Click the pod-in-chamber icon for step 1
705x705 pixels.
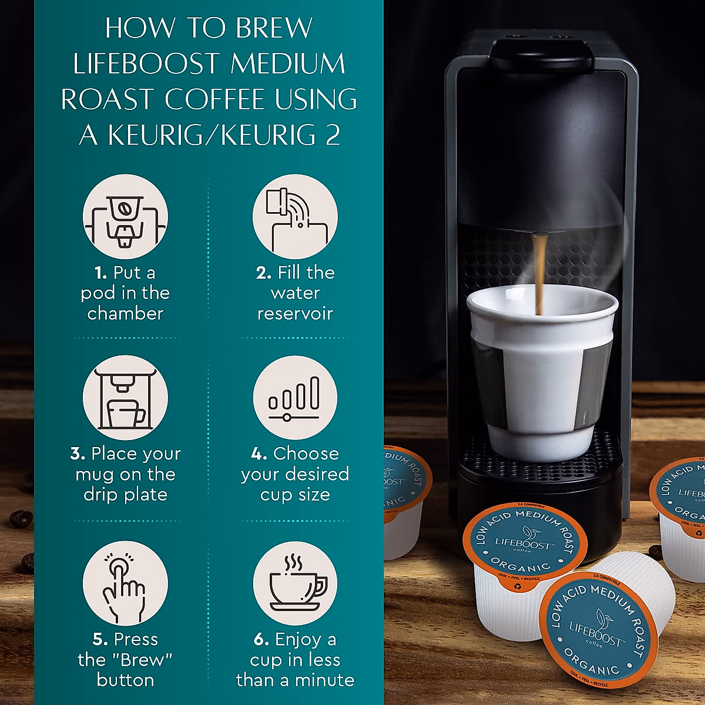click(125, 217)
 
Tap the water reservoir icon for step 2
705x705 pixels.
click(295, 217)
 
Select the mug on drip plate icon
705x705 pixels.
click(125, 398)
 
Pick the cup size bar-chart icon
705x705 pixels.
click(295, 398)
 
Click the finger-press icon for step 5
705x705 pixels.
click(125, 583)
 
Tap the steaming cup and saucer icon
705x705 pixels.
click(295, 583)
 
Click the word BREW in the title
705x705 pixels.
click(274, 28)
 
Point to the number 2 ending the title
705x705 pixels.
click(333, 135)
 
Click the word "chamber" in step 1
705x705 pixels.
click(125, 314)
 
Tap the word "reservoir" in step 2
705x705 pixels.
click(295, 314)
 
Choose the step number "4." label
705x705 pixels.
click(259, 454)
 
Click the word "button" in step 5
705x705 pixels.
click(125, 680)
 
